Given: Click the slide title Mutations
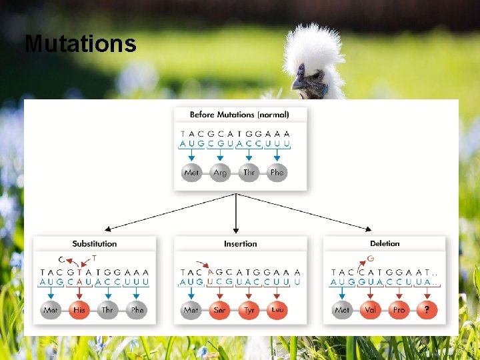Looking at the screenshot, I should pyautogui.click(x=80, y=44).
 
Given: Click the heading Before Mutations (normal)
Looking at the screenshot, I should pyautogui.click(x=239, y=115).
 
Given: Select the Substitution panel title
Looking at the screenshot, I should pyautogui.click(x=95, y=244).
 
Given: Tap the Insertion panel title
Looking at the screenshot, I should pyautogui.click(x=240, y=244).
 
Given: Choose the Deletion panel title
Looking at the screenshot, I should pyautogui.click(x=385, y=244).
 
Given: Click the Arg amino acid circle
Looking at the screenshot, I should pyautogui.click(x=220, y=173).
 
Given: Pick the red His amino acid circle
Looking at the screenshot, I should pyautogui.click(x=79, y=310).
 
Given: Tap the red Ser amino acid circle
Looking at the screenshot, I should pyautogui.click(x=219, y=310).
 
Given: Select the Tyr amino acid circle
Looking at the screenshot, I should pyautogui.click(x=249, y=310).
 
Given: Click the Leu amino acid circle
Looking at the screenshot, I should pyautogui.click(x=278, y=310).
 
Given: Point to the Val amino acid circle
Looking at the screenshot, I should pyautogui.click(x=370, y=310).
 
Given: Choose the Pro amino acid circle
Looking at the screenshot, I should pyautogui.click(x=399, y=310).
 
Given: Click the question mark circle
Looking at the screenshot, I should pyautogui.click(x=427, y=310).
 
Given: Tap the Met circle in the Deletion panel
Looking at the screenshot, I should pyautogui.click(x=341, y=310).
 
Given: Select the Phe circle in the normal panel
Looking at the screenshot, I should pyautogui.click(x=277, y=173).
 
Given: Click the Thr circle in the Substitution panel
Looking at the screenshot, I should pyautogui.click(x=108, y=310).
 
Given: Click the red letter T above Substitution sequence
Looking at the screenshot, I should pyautogui.click(x=94, y=258).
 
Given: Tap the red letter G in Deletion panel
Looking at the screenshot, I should pyautogui.click(x=371, y=259).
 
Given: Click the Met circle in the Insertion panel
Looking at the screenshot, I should pyautogui.click(x=191, y=310).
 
